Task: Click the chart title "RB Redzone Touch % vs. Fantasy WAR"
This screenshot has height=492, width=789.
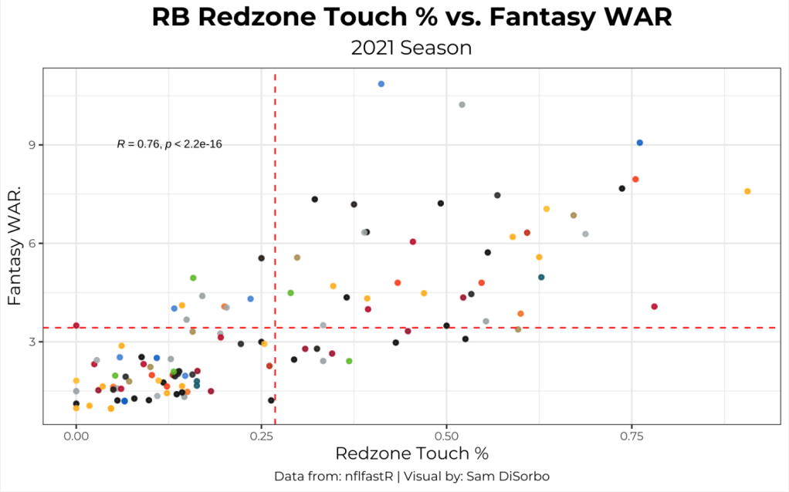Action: (x=411, y=19)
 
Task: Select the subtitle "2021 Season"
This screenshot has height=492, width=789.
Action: (x=411, y=48)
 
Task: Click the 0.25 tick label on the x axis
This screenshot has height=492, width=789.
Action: (x=261, y=436)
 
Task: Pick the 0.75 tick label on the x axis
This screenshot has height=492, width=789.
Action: (x=632, y=436)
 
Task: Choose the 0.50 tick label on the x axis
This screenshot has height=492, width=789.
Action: (x=446, y=436)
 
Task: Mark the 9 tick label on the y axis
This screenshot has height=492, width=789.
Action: (x=34, y=145)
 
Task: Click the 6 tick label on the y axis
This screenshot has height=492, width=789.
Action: (x=34, y=243)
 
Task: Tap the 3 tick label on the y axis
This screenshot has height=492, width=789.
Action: (x=34, y=341)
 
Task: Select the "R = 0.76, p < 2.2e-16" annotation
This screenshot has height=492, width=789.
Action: (x=170, y=143)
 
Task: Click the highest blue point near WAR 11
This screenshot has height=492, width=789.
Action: (x=381, y=83)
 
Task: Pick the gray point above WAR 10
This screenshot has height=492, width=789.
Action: (x=462, y=104)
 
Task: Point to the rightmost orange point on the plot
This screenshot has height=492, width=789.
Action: (x=747, y=191)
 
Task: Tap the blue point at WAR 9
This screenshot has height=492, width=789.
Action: (x=639, y=143)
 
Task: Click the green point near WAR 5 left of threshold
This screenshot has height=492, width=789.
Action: (x=193, y=278)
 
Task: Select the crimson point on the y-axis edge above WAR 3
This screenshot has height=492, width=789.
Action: (x=76, y=325)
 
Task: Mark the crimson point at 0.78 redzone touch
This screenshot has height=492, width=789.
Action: (x=654, y=306)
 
